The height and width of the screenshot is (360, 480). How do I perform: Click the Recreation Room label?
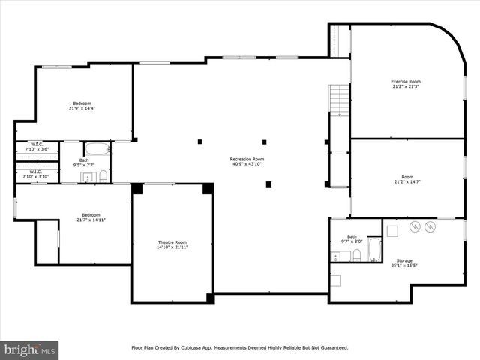point(247,159)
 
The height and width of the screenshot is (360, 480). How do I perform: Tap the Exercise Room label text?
point(405,81)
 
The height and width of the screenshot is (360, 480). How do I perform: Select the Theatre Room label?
point(172,242)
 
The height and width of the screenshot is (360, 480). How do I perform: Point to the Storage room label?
point(403,260)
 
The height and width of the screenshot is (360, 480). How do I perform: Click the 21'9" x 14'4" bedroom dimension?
point(82,108)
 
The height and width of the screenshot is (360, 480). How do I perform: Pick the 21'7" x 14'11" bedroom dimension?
point(91,220)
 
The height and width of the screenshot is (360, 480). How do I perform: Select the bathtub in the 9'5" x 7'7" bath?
point(96,148)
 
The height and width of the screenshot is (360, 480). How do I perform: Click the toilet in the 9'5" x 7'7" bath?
point(103,176)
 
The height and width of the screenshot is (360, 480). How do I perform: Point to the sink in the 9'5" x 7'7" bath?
point(87,177)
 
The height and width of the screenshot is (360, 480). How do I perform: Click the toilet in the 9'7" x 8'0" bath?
point(356,256)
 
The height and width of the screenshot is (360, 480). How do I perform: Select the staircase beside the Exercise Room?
point(340,100)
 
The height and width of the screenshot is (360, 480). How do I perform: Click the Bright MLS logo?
point(30,349)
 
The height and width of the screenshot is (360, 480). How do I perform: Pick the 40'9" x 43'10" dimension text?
point(247,164)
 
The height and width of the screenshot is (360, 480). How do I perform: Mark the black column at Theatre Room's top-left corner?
point(137,188)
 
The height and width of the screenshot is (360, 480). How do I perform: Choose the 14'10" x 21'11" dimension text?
point(172,247)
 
